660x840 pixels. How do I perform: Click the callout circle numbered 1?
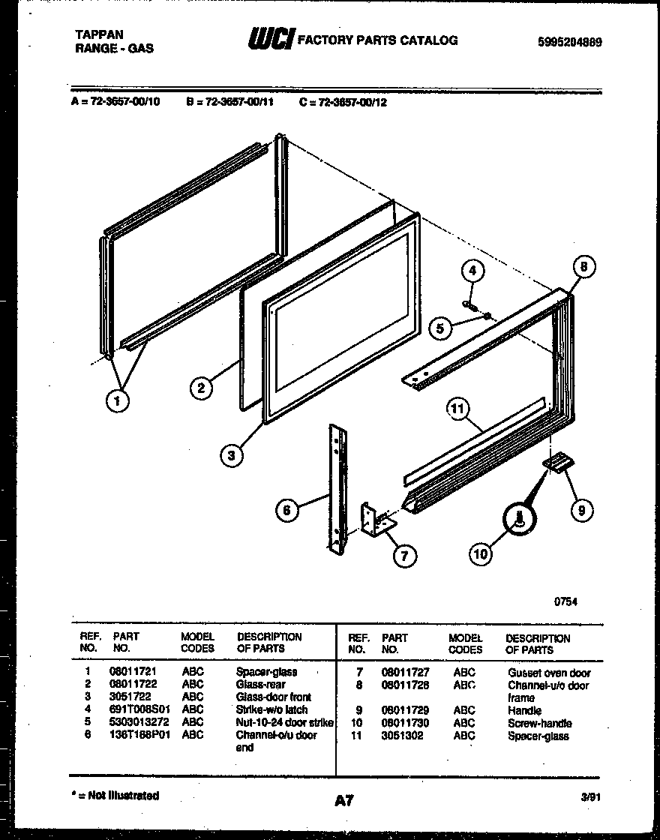tap(117, 400)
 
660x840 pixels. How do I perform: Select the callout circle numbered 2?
tap(199, 388)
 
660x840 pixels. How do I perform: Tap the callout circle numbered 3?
tap(232, 454)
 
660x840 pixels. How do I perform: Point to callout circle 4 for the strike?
tap(472, 271)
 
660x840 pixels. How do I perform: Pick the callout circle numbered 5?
tap(441, 327)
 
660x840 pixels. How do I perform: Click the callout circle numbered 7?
tap(405, 555)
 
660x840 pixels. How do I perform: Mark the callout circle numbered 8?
tap(585, 266)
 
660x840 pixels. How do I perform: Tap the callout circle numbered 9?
tap(582, 511)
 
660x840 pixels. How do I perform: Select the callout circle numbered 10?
tap(481, 553)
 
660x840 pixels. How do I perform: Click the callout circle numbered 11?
tap(457, 409)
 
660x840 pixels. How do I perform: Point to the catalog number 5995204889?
tap(569, 43)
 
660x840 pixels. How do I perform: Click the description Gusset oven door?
tap(549, 673)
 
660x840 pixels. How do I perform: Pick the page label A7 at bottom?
tap(344, 800)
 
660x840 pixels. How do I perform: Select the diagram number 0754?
tap(565, 601)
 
